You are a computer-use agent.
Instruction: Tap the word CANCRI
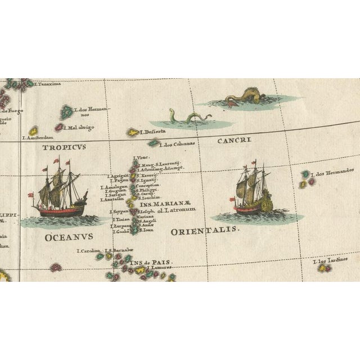pyautogui.click(x=234, y=140)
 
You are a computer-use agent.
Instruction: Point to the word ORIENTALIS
pyautogui.click(x=205, y=230)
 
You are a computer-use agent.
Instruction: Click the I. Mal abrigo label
pyautogui.click(x=80, y=128)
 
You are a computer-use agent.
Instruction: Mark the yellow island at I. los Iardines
pyautogui.click(x=323, y=268)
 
